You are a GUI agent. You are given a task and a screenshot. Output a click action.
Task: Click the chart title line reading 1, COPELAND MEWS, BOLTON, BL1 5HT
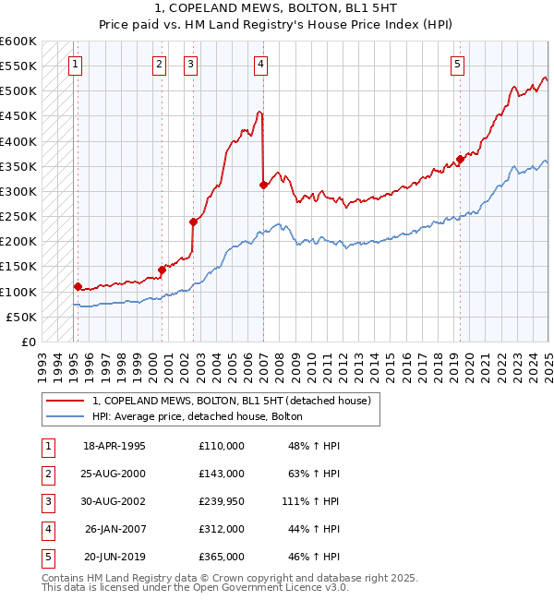(x=276, y=8)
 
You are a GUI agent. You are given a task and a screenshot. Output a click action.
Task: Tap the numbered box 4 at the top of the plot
(x=261, y=64)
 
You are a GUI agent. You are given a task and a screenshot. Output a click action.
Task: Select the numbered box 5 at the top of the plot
(x=458, y=64)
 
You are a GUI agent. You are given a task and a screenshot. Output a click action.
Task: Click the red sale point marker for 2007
(x=264, y=186)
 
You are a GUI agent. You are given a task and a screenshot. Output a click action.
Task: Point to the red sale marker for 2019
(x=460, y=159)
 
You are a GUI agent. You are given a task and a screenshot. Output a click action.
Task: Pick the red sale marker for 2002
(x=194, y=222)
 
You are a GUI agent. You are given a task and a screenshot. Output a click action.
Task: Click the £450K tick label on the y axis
(x=18, y=116)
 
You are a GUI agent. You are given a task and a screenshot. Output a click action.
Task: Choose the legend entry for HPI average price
(x=198, y=416)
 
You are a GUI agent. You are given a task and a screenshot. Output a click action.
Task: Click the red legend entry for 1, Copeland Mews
(x=231, y=401)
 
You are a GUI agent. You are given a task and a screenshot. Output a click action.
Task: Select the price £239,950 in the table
(x=222, y=501)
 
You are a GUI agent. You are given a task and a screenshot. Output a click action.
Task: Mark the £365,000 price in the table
(x=222, y=557)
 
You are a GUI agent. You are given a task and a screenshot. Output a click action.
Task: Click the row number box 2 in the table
(x=47, y=474)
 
